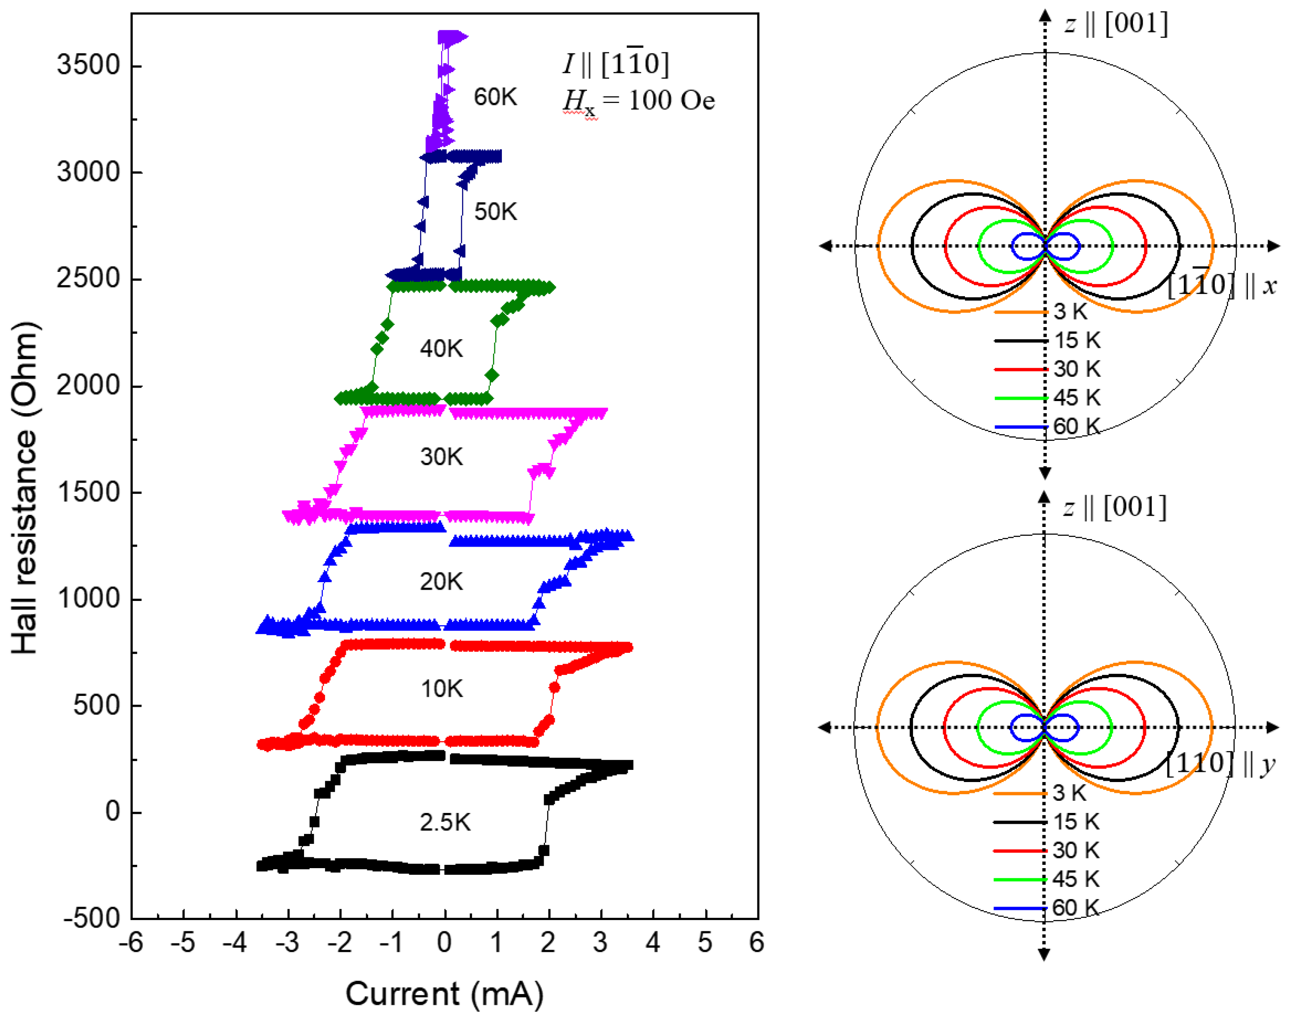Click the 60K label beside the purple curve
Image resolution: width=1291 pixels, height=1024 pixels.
click(x=495, y=97)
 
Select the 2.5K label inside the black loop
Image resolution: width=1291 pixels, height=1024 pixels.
click(x=445, y=822)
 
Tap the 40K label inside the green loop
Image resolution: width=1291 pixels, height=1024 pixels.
click(x=441, y=348)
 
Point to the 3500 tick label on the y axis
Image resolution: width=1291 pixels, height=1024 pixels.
click(x=88, y=65)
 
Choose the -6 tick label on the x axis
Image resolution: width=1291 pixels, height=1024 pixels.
click(x=131, y=943)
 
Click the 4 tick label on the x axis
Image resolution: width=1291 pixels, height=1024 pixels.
click(x=653, y=943)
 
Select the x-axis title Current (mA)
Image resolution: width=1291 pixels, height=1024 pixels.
click(x=444, y=994)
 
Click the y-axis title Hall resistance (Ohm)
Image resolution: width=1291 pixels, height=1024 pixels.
click(x=25, y=488)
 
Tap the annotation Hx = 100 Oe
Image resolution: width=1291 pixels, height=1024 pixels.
click(x=638, y=100)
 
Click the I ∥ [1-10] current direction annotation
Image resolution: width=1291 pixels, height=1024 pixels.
click(x=616, y=64)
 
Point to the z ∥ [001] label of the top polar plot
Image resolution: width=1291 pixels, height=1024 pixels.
click(x=1116, y=24)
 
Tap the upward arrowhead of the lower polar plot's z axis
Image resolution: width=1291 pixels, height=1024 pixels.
click(x=1044, y=498)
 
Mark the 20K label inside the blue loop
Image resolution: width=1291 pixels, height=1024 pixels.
click(x=441, y=581)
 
